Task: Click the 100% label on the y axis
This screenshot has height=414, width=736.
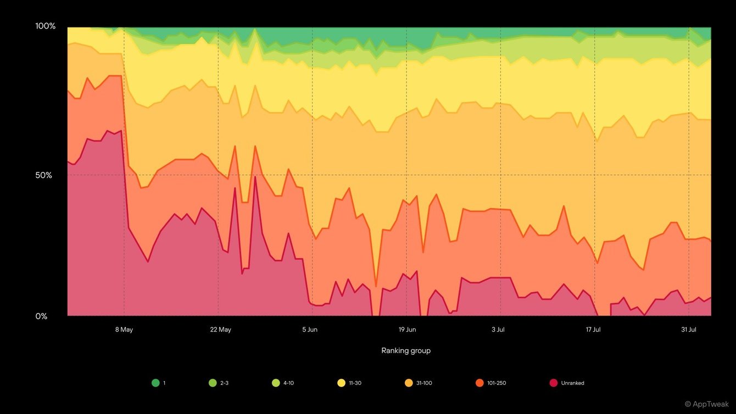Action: pyautogui.click(x=46, y=26)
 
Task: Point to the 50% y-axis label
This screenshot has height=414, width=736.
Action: pyautogui.click(x=44, y=176)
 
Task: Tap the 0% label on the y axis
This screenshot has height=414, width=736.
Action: pyautogui.click(x=41, y=316)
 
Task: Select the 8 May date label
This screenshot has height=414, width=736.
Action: pyautogui.click(x=124, y=329)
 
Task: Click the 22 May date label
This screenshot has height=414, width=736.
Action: pyautogui.click(x=220, y=329)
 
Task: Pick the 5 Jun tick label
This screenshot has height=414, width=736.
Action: pyautogui.click(x=309, y=329)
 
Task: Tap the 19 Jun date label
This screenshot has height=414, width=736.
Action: pyautogui.click(x=407, y=329)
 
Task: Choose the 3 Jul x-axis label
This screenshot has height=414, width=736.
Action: pyautogui.click(x=498, y=329)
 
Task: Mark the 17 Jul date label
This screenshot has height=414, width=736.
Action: pyautogui.click(x=593, y=329)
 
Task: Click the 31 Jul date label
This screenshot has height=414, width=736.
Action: pyautogui.click(x=689, y=329)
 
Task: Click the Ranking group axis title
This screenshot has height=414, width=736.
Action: pyautogui.click(x=406, y=350)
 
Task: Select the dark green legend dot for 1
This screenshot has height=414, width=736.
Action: pyautogui.click(x=155, y=383)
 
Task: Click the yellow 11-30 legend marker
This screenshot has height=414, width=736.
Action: pyautogui.click(x=341, y=383)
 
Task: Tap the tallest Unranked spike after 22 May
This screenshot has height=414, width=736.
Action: pyautogui.click(x=255, y=177)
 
